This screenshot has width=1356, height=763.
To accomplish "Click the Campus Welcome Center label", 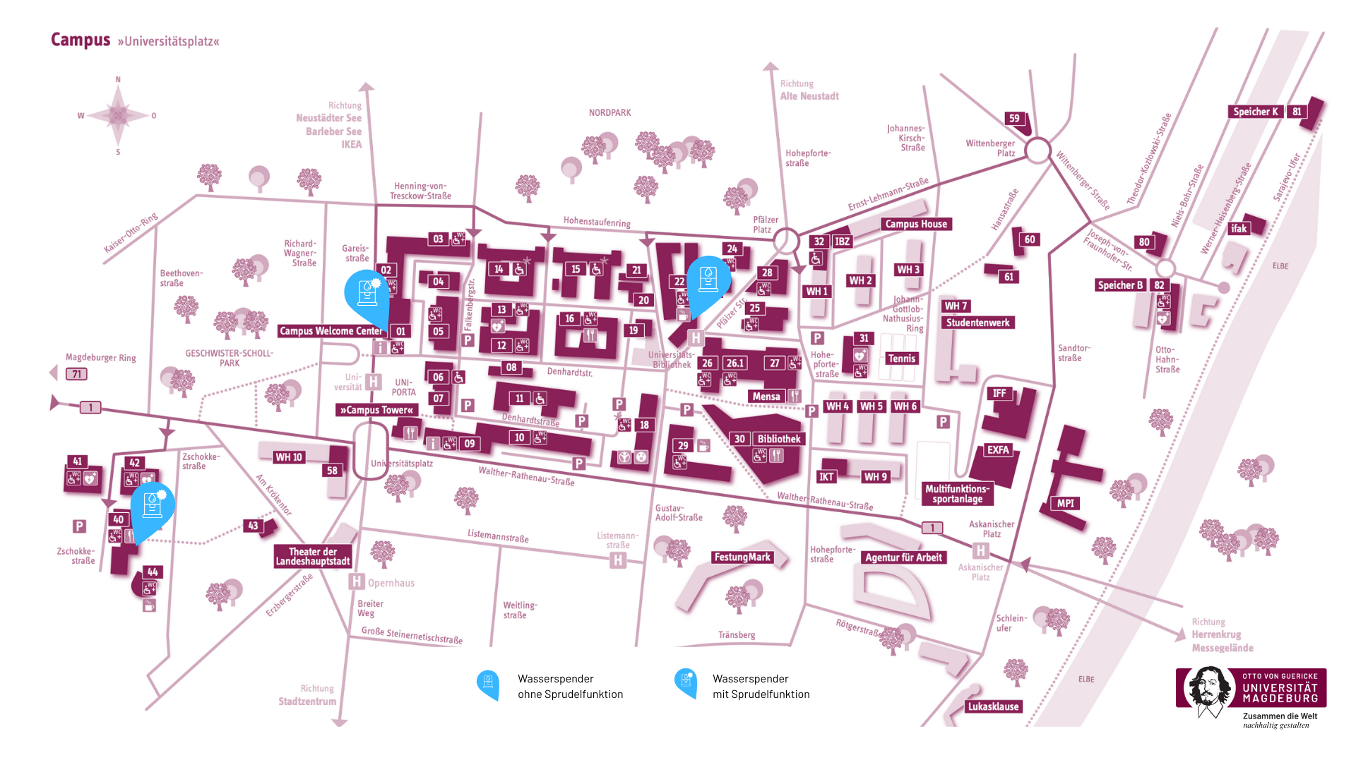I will [331, 331].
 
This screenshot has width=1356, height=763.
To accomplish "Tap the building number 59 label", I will [1014, 119].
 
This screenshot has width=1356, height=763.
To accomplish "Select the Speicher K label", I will [1255, 112].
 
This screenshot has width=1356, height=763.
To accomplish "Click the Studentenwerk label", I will [977, 323].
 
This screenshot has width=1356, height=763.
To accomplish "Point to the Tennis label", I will [901, 358].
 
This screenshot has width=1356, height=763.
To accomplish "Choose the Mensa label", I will [766, 396].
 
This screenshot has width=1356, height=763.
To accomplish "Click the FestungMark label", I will [742, 557].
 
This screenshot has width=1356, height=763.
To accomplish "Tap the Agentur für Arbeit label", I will [903, 557].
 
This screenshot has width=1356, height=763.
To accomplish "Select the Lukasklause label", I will [993, 706].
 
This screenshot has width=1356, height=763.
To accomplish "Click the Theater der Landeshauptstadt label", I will [313, 557].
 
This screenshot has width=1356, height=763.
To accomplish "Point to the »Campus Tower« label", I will [376, 410].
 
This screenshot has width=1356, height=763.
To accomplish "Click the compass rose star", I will [118, 115].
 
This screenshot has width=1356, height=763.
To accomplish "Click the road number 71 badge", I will [76, 374].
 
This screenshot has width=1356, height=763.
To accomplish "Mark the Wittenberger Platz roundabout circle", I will [1037, 150].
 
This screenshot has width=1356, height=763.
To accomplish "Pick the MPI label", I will [1065, 504].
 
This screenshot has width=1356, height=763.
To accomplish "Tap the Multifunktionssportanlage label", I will [957, 494].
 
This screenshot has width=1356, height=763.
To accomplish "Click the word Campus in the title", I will [81, 40].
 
